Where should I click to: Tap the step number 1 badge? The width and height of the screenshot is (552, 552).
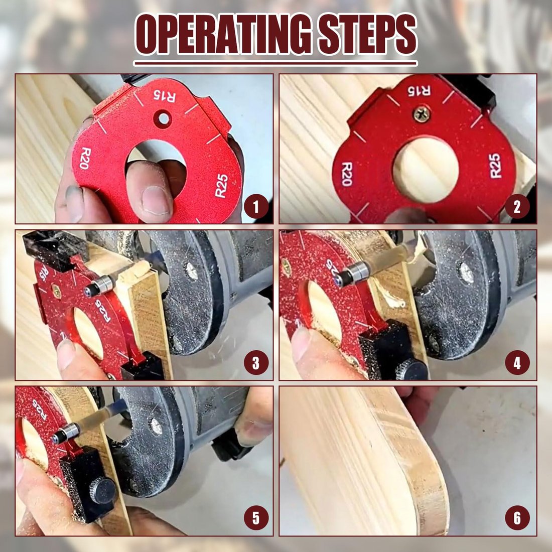256,207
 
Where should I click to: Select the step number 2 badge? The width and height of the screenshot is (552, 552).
517,207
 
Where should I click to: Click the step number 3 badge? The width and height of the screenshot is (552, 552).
256,362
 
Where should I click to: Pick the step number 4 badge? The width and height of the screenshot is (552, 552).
517,362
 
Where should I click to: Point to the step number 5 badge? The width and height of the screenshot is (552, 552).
256,518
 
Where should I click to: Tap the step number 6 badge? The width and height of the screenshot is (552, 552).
517,518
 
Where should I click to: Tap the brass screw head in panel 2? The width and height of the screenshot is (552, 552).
421,115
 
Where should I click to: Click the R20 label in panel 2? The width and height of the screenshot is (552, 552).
346,174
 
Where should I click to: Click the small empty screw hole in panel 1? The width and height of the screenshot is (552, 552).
162,118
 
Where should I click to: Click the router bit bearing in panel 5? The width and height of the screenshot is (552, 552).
66,432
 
